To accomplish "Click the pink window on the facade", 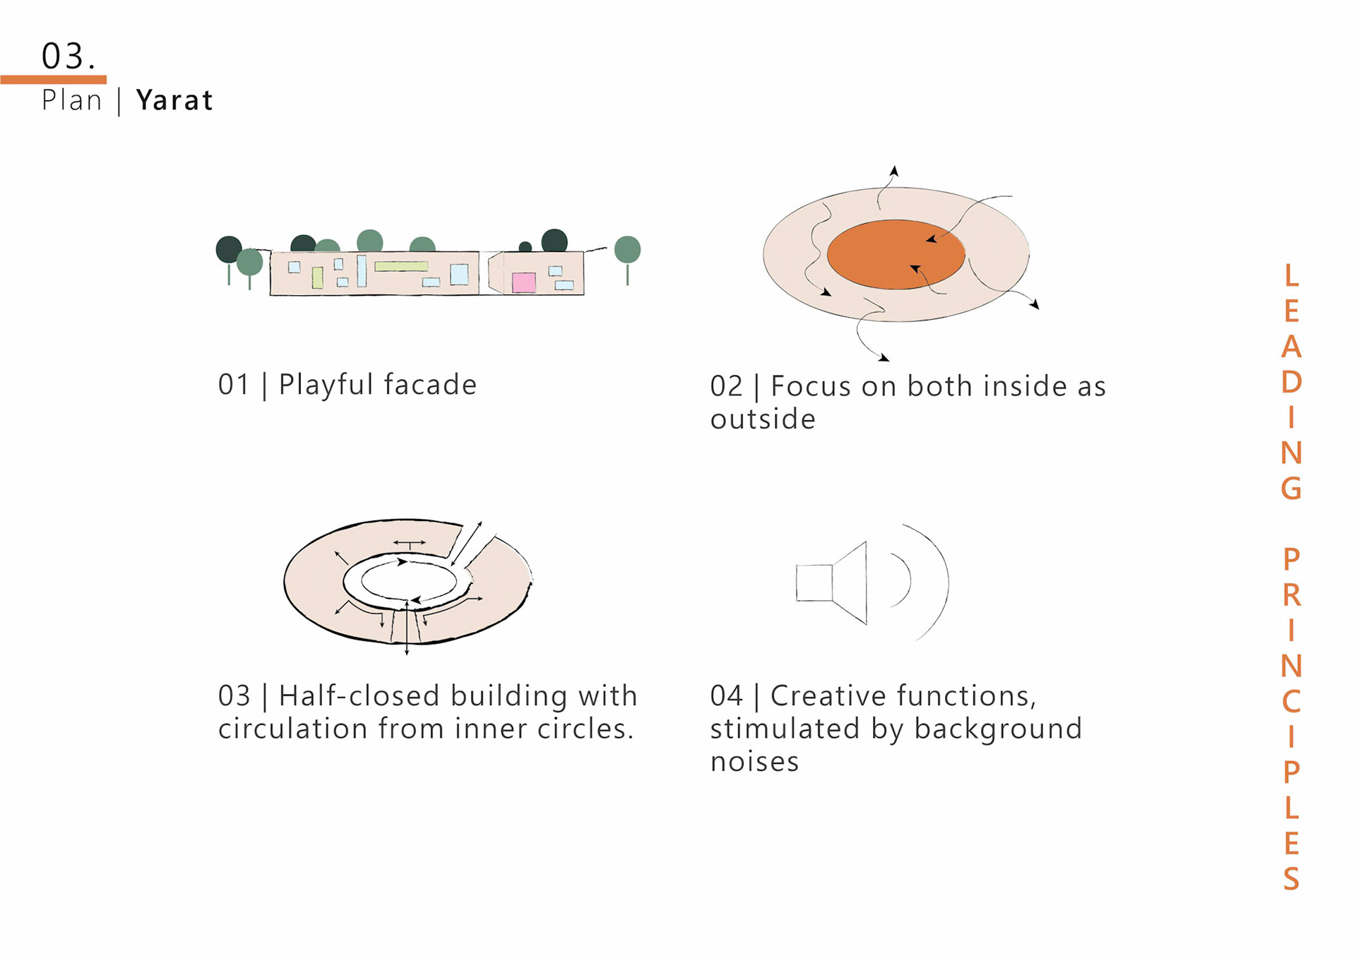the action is pyautogui.click(x=523, y=282).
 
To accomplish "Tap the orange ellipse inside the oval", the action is pyautogui.click(x=895, y=254).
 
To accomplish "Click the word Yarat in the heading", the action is pyautogui.click(x=174, y=100).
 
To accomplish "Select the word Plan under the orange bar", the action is pyautogui.click(x=72, y=100).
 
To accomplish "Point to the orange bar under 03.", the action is pyautogui.click(x=54, y=80).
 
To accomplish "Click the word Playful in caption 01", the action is pyautogui.click(x=326, y=385).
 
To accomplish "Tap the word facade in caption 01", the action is pyautogui.click(x=431, y=385).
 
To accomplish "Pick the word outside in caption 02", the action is pyautogui.click(x=763, y=419).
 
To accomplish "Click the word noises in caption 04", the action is pyautogui.click(x=754, y=762).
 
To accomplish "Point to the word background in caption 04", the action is pyautogui.click(x=997, y=729).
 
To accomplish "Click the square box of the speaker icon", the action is pyautogui.click(x=814, y=582).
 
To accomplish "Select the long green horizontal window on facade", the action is pyautogui.click(x=401, y=266).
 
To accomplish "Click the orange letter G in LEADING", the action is pyautogui.click(x=1291, y=488).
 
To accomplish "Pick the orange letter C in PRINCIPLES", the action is pyautogui.click(x=1291, y=701).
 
